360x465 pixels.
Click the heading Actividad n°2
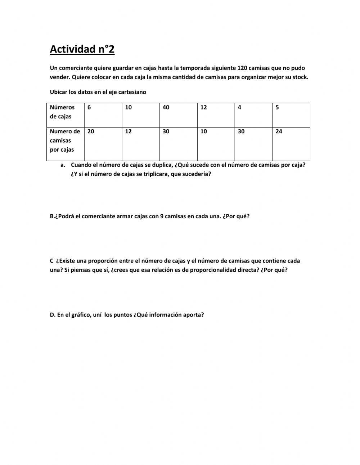click(82, 49)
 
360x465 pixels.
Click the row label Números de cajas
click(62, 112)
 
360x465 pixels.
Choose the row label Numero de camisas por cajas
click(65, 140)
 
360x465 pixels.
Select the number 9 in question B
click(162, 216)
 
